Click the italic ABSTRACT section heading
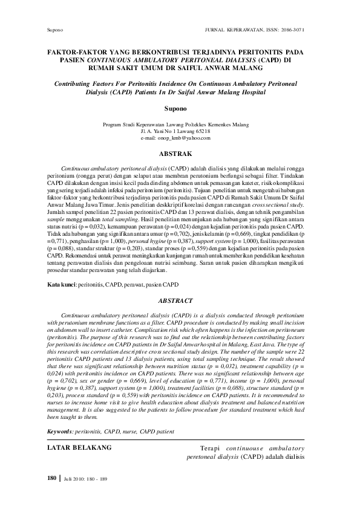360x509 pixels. [x=175, y=300]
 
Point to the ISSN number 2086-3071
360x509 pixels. [x=292, y=28]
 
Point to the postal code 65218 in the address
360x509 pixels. [x=201, y=131]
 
